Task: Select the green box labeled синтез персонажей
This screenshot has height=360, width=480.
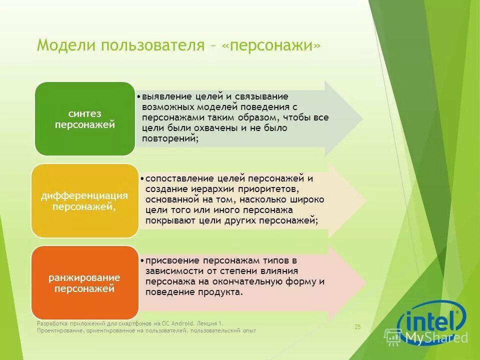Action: (84, 119)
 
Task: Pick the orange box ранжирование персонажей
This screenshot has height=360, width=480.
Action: (84, 282)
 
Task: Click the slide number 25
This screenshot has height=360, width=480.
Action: (357, 327)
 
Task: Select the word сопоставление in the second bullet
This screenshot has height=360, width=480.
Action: (174, 178)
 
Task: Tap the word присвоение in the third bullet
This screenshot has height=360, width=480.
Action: (167, 260)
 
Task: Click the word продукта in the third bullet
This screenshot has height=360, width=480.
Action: (224, 292)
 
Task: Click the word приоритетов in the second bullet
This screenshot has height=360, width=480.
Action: (263, 189)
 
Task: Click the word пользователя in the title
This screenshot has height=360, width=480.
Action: (152, 45)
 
